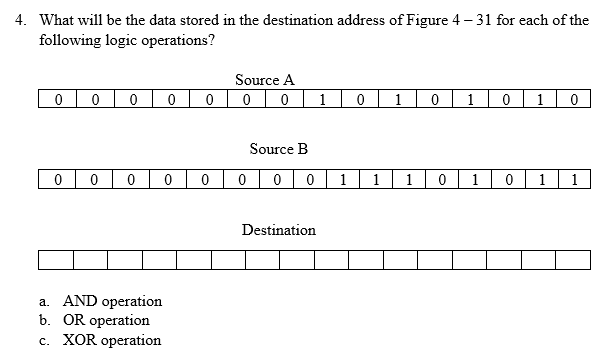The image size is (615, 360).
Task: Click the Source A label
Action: click(x=264, y=80)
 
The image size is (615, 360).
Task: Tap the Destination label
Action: click(x=278, y=230)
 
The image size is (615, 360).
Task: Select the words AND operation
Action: click(x=112, y=301)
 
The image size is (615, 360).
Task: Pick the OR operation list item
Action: click(x=106, y=320)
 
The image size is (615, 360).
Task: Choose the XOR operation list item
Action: click(x=111, y=340)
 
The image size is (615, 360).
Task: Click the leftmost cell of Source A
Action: click(x=59, y=100)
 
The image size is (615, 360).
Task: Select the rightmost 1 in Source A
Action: click(x=540, y=100)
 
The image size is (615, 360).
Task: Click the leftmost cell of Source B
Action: click(x=57, y=181)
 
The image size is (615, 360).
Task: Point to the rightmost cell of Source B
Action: click(x=575, y=181)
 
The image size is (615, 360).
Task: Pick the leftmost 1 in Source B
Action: click(x=343, y=181)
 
